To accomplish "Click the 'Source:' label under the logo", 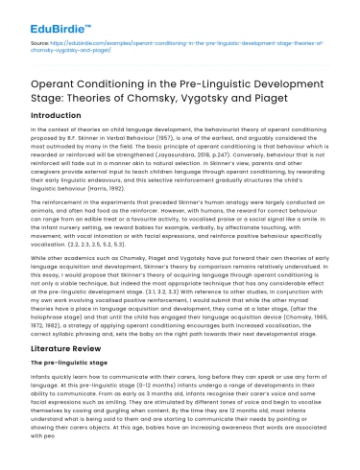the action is click(x=40, y=43).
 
